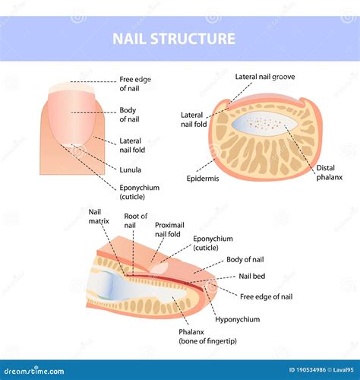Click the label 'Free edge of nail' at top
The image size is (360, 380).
[x=135, y=83]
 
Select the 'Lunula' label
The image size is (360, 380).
[x=131, y=169]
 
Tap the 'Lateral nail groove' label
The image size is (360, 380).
[x=265, y=77]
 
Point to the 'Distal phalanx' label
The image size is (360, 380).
[x=327, y=173]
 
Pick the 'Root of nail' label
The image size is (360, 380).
[x=135, y=220]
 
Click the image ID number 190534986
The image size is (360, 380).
[x=298, y=369]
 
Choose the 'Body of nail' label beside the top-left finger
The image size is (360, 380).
[x=128, y=114]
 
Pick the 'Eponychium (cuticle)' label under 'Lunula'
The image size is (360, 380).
[x=137, y=191]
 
